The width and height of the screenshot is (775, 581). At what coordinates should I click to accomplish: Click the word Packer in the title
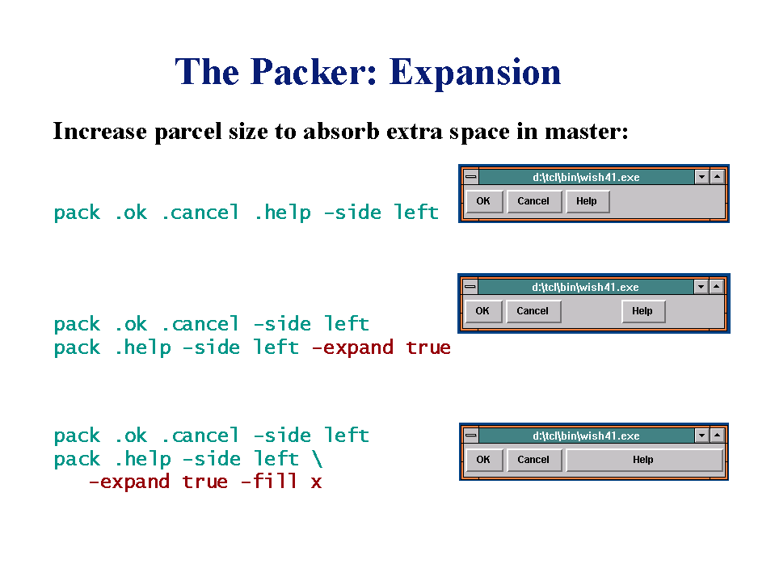click(x=314, y=72)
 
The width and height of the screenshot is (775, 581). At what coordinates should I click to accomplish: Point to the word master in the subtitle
click(x=586, y=132)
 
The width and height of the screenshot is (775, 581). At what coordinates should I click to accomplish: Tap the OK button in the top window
click(x=484, y=201)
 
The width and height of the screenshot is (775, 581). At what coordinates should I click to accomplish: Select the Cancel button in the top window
click(x=534, y=201)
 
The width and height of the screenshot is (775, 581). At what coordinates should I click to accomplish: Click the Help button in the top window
click(x=588, y=201)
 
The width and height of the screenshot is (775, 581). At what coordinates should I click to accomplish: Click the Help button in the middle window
click(x=643, y=311)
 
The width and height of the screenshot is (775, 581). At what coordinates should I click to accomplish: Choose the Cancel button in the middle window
click(x=533, y=311)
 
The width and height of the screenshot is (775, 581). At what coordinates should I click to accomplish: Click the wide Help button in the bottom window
click(x=644, y=460)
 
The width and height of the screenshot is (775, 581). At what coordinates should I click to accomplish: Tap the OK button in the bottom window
click(x=484, y=460)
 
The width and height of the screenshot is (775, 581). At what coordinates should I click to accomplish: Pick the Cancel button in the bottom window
click(x=534, y=460)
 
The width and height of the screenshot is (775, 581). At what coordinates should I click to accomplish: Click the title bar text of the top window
click(x=586, y=177)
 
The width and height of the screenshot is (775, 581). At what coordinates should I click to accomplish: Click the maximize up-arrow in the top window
click(x=717, y=176)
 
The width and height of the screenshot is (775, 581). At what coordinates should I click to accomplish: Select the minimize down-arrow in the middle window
click(x=701, y=287)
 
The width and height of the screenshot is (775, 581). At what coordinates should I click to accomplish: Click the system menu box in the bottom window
click(x=471, y=435)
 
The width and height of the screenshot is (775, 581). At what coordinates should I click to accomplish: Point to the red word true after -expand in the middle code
click(x=428, y=347)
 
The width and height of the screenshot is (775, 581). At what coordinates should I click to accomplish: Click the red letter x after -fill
click(x=316, y=482)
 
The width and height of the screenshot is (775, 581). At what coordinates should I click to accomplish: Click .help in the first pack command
click(x=283, y=213)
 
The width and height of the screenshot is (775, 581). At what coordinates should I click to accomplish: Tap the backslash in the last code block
click(x=318, y=458)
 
